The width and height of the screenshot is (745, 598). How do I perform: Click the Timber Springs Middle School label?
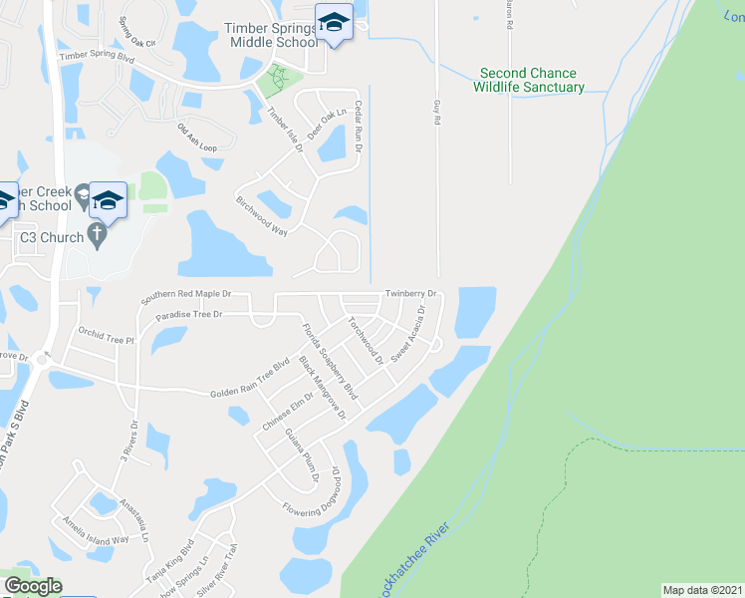[x=271, y=35]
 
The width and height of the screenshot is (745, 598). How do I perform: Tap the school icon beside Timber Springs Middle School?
[x=334, y=22]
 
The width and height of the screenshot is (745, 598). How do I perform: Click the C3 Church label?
[x=49, y=237]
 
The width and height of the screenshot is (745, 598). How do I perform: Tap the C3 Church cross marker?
[x=97, y=236]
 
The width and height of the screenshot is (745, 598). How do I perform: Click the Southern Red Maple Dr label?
[x=185, y=295]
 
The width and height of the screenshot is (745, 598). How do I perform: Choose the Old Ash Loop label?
[x=196, y=137]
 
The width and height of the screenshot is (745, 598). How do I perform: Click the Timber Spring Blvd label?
[x=97, y=57]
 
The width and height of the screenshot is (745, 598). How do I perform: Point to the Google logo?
[x=32, y=586]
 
